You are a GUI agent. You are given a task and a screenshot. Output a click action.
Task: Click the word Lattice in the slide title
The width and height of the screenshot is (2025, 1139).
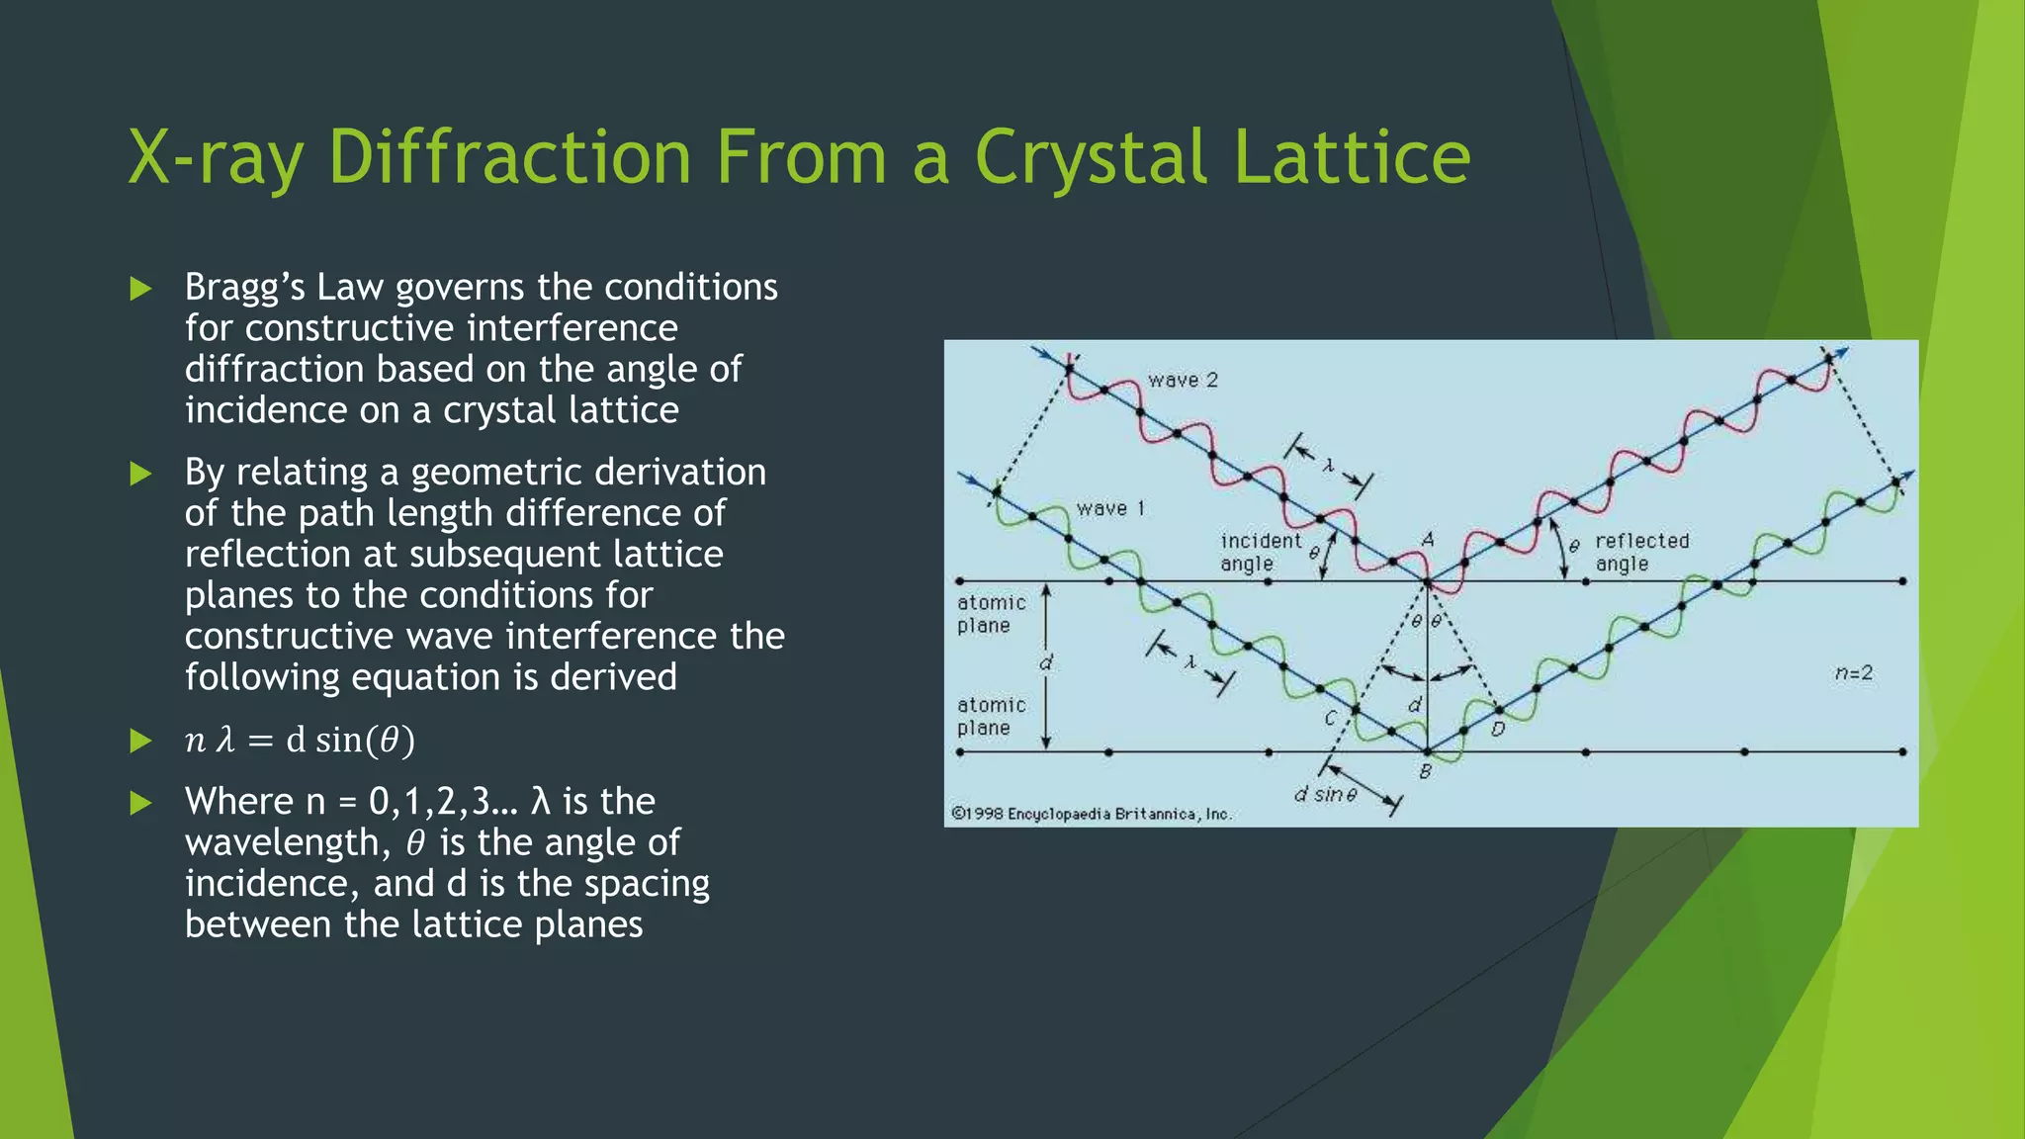[x=1352, y=158]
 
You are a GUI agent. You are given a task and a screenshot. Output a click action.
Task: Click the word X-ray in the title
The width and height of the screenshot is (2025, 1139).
[x=215, y=158]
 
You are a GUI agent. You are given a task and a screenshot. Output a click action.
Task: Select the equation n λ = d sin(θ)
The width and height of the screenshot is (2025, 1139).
[x=300, y=741]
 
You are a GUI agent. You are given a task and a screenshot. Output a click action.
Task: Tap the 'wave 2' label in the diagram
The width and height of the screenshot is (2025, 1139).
[x=1183, y=381]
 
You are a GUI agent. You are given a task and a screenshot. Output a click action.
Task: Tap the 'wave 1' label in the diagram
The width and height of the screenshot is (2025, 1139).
[x=1110, y=509]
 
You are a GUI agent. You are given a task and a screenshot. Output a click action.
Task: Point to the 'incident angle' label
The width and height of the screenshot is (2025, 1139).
[x=1259, y=552]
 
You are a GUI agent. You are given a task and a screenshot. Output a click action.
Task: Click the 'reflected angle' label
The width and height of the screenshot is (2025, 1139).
[x=1641, y=552]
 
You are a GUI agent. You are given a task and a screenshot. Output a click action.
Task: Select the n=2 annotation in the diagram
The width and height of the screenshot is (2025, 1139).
[x=1853, y=673]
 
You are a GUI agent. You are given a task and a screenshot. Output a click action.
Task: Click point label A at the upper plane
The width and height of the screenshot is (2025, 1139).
[x=1427, y=540]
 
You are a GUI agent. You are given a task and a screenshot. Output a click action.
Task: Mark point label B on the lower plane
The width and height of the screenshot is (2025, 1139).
[x=1425, y=771]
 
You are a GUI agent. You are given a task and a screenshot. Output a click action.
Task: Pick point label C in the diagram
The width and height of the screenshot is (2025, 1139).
[x=1330, y=719]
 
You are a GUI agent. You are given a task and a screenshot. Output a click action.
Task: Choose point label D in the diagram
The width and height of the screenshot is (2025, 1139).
[x=1497, y=730]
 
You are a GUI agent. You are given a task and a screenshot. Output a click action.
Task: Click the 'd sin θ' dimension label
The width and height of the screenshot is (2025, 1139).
[x=1325, y=794]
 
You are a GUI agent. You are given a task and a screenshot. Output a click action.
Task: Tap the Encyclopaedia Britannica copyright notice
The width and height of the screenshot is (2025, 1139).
[x=1091, y=814]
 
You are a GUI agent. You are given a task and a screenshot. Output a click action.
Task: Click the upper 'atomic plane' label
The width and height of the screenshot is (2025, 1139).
[x=991, y=614]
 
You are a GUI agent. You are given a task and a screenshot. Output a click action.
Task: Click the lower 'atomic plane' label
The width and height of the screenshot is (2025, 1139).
[x=991, y=717]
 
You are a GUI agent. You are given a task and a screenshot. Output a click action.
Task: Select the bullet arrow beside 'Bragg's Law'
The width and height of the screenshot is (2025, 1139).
[x=141, y=289]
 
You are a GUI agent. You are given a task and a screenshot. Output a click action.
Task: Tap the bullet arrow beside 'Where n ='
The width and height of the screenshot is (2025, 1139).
[x=141, y=803]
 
